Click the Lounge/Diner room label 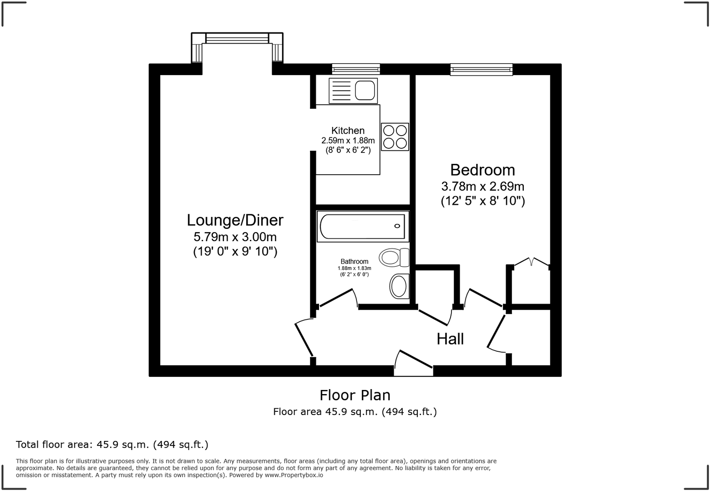235,220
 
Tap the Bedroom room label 482,170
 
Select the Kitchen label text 348,131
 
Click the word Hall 450,339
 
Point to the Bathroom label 354,262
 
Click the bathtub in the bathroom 363,226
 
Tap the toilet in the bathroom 394,258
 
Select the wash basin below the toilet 399,286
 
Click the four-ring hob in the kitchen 395,137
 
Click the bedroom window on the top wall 482,69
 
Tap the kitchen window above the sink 355,69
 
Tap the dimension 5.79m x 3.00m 235,237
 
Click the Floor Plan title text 355,395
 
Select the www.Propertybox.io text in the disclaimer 294,475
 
